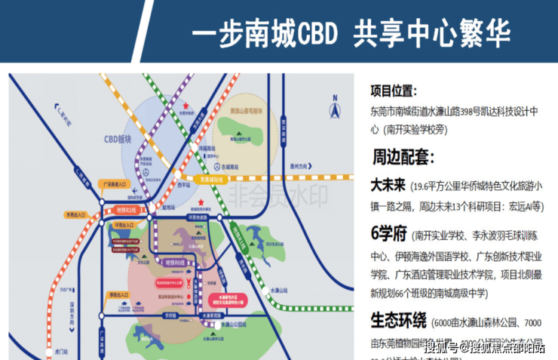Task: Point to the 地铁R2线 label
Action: point(126,209)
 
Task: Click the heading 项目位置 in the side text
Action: point(392,91)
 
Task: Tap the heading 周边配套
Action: point(402,157)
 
